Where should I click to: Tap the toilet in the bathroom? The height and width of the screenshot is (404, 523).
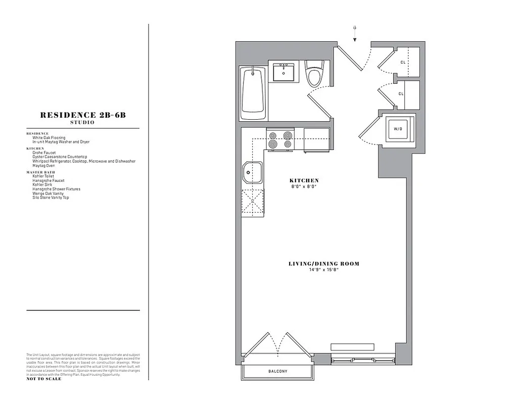coord(314,74)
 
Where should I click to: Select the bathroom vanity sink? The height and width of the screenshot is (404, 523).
coord(284,72)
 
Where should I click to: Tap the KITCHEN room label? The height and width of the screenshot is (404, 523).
coord(304,180)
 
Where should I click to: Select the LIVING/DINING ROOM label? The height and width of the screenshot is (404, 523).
coord(324,264)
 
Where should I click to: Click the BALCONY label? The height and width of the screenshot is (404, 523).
coord(277,371)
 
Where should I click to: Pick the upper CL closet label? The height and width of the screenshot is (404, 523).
coord(403,63)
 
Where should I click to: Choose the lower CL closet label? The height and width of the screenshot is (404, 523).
coord(401,93)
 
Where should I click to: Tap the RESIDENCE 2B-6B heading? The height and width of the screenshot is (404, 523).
coord(83,115)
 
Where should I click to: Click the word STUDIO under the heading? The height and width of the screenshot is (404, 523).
coord(82,123)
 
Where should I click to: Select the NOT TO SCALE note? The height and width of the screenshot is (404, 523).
coord(44,379)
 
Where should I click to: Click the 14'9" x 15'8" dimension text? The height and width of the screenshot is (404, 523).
coord(323,270)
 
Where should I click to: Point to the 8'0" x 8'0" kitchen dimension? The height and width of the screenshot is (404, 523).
coord(304,186)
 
